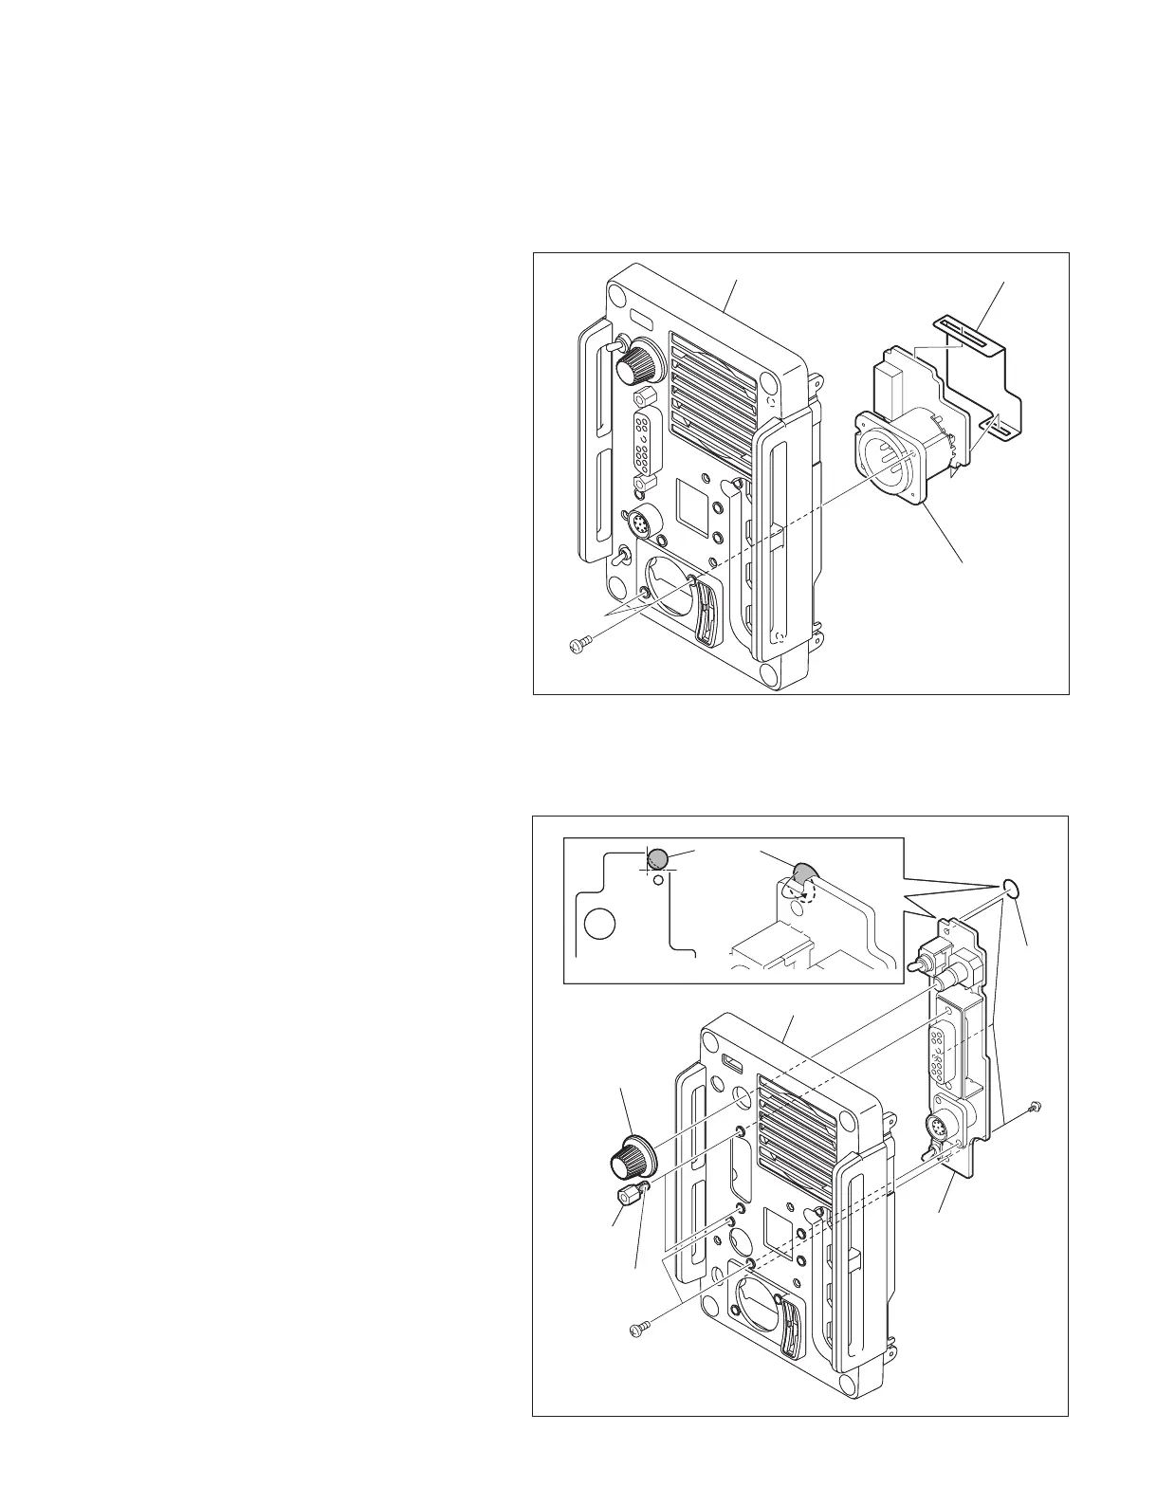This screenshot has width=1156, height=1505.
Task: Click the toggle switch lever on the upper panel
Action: [x=623, y=559]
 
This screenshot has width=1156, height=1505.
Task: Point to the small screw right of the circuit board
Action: [x=1035, y=1106]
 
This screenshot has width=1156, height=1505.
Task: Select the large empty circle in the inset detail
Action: [x=599, y=922]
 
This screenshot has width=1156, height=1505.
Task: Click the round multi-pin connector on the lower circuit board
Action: [x=936, y=1129]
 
